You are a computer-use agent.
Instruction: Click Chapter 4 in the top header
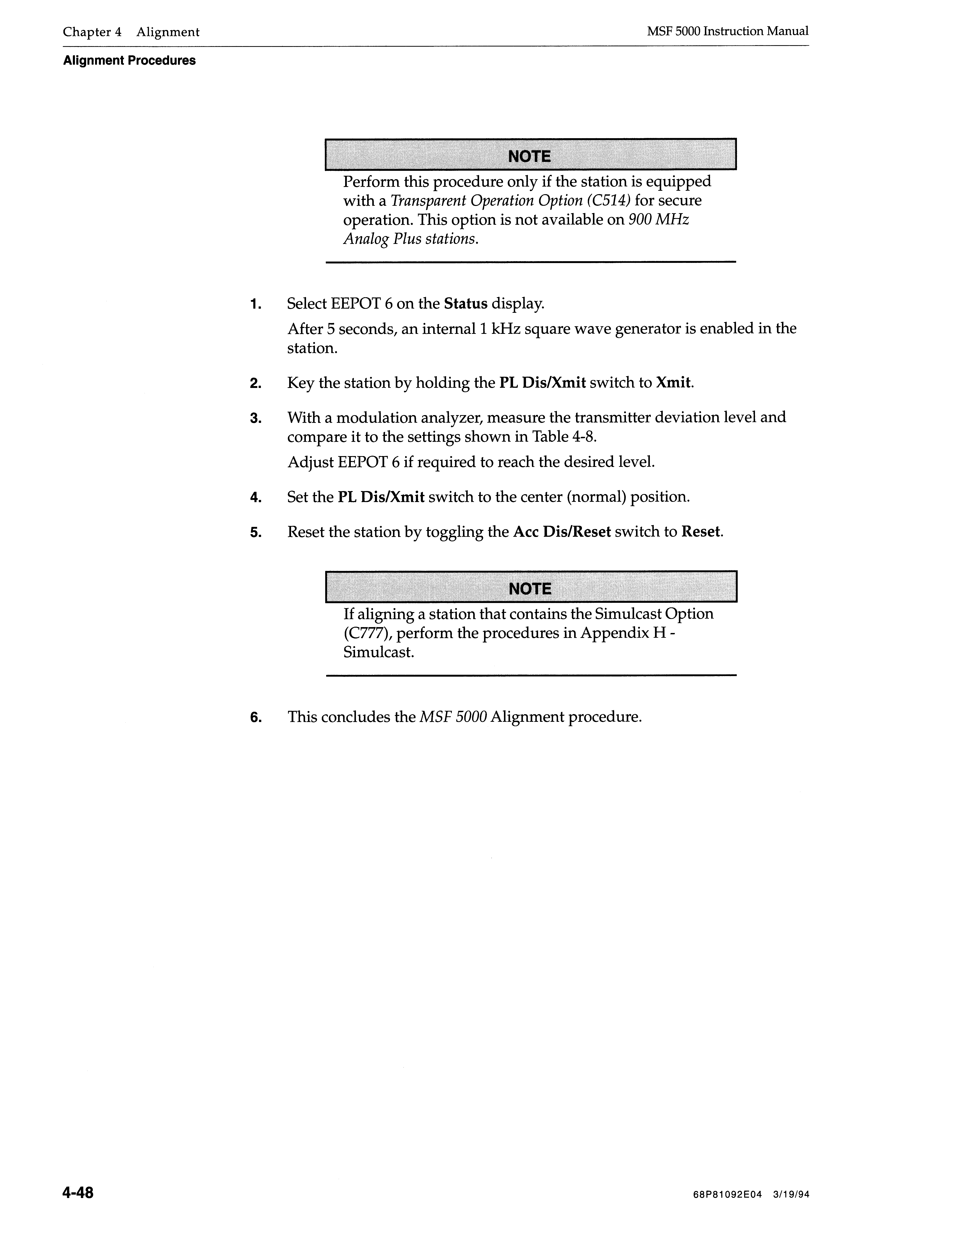pyautogui.click(x=92, y=32)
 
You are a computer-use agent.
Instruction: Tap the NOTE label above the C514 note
pyautogui.click(x=529, y=156)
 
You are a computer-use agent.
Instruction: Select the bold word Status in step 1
pyautogui.click(x=466, y=304)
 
